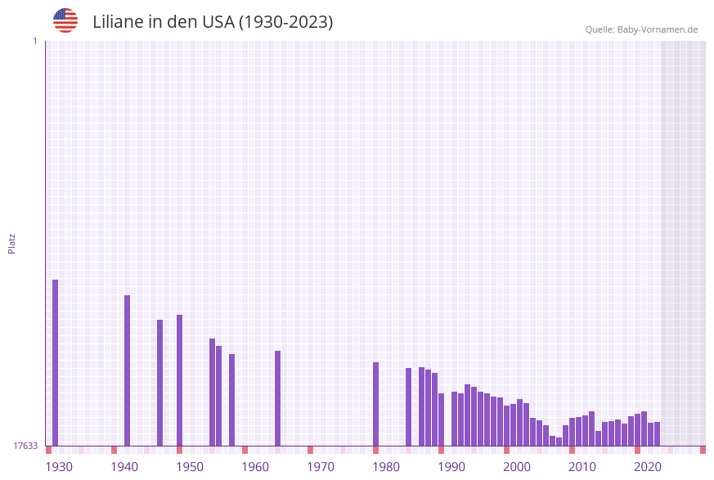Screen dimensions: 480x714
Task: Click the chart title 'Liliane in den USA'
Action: point(213,22)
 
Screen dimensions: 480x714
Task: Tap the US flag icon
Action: point(65,20)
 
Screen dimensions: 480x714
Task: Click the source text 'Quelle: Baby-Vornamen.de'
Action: point(641,29)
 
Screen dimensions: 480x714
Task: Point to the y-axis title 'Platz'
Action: point(12,243)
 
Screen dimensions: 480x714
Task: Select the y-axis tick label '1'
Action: point(34,41)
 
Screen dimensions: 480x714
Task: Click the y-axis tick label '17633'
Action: point(25,446)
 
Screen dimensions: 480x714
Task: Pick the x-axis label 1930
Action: point(59,467)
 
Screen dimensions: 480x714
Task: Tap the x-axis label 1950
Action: point(190,467)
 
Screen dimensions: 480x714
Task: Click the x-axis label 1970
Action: point(321,467)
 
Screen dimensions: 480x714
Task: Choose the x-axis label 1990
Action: point(451,467)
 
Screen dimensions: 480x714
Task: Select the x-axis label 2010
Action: point(582,467)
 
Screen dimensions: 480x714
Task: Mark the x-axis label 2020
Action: point(648,467)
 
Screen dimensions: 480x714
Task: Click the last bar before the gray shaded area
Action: point(658,433)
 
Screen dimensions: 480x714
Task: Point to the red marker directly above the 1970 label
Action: point(311,450)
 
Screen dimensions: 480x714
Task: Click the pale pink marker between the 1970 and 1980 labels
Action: point(344,450)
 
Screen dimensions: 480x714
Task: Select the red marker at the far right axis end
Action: point(703,450)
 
